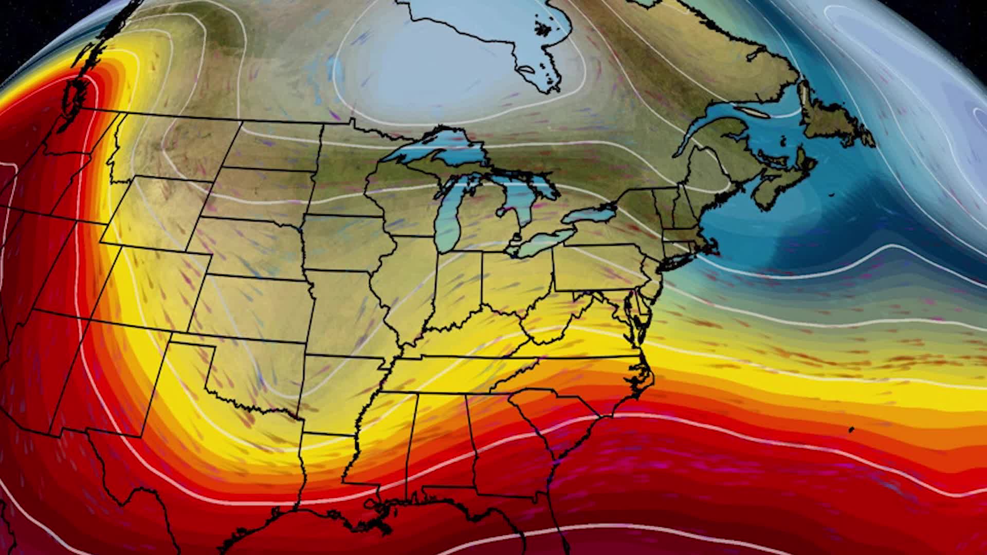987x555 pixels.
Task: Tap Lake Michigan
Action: pos(447,216)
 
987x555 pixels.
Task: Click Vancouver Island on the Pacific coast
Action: pos(77,95)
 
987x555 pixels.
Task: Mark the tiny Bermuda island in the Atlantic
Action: pos(851,429)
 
